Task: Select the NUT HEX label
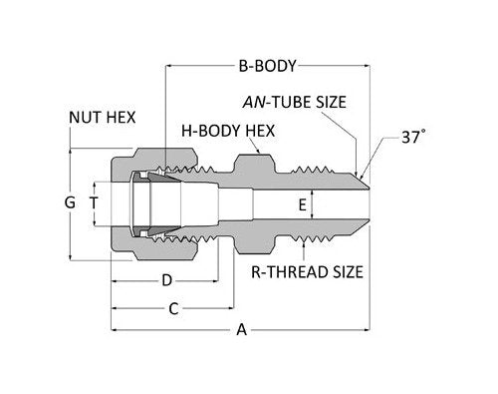(x=104, y=117)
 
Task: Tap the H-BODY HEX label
(x=228, y=130)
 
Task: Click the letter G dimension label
(x=69, y=202)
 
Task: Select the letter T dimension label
(x=94, y=202)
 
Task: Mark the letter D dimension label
(x=167, y=279)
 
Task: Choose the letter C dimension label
(x=172, y=309)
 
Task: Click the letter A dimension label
(x=239, y=331)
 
